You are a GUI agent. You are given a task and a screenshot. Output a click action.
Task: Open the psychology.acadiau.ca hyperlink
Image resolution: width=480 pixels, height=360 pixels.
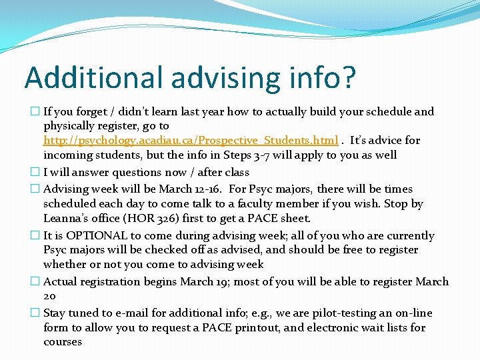pyautogui.click(x=191, y=141)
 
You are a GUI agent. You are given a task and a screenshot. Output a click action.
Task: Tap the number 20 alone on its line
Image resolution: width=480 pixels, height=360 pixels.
pyautogui.click(x=50, y=296)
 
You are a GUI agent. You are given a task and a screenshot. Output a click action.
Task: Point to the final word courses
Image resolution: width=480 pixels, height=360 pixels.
pyautogui.click(x=63, y=342)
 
